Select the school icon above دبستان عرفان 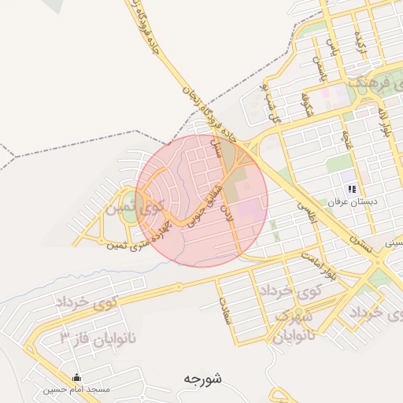click(x=352, y=189)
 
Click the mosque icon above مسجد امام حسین click(x=76, y=377)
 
